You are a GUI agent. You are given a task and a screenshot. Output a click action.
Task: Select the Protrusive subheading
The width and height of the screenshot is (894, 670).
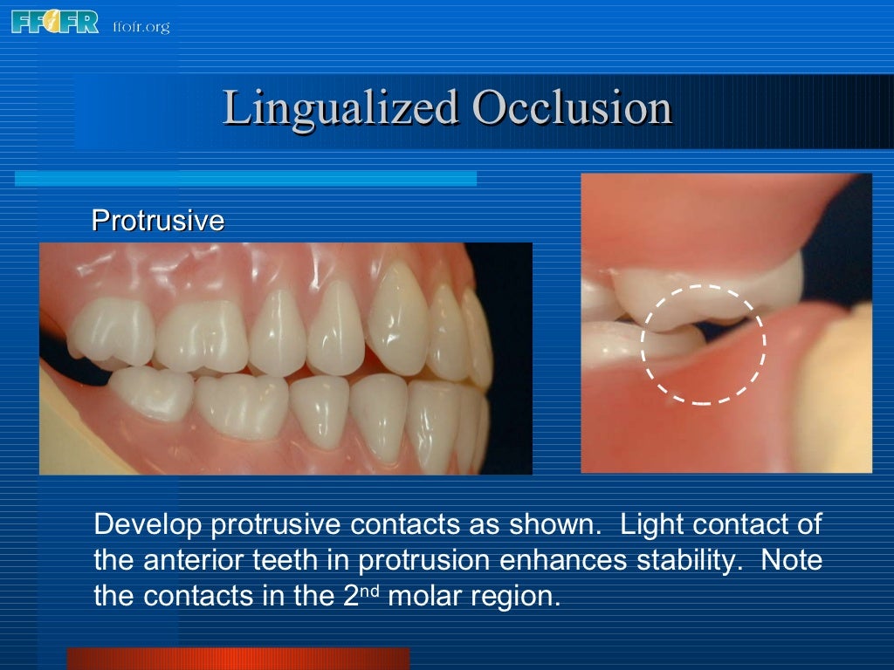(158, 221)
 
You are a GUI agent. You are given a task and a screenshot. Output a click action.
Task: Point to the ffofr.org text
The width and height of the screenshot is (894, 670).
(141, 26)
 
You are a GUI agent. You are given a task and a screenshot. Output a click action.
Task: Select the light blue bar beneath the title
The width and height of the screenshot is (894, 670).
(245, 178)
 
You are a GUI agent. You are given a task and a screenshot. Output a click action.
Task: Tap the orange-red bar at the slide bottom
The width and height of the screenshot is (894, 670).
(237, 658)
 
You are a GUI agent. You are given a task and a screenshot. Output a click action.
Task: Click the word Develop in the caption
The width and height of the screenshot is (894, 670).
(148, 525)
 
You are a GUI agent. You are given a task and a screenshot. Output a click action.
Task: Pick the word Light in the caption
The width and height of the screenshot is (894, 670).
(650, 525)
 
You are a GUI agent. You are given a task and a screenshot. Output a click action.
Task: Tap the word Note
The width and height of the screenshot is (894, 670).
(792, 560)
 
